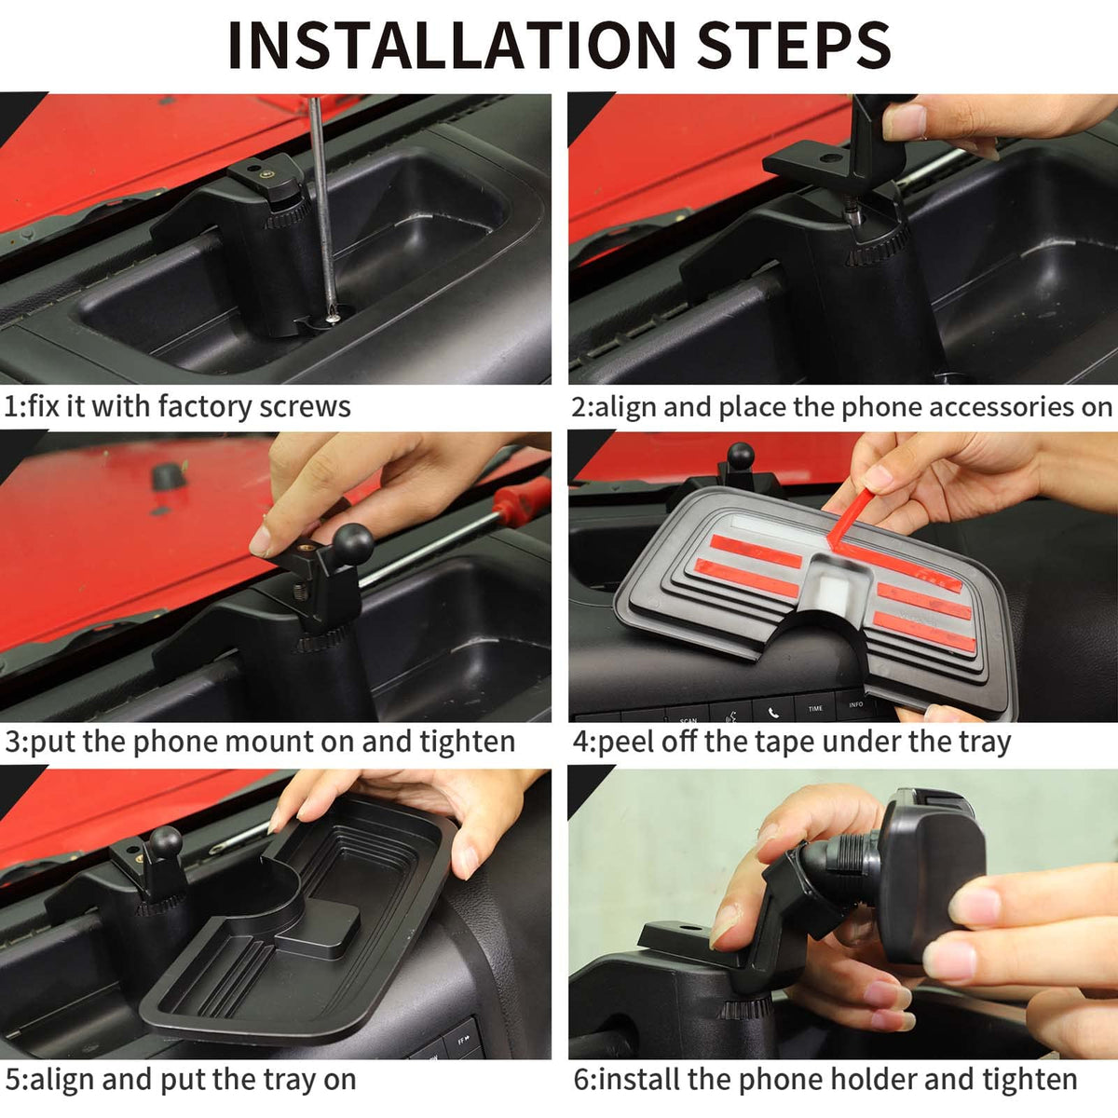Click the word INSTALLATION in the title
[x=452, y=46]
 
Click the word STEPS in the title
[x=793, y=46]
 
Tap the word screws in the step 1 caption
[x=306, y=407]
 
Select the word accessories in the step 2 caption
[x=1002, y=407]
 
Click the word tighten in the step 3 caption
[x=468, y=743]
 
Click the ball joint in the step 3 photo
[x=352, y=543]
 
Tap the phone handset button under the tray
[x=773, y=712]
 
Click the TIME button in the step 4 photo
[x=816, y=708]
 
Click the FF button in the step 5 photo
[x=464, y=1041]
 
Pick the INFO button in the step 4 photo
[x=856, y=704]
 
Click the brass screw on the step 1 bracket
[x=266, y=174]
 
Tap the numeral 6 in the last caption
[x=582, y=1081]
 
